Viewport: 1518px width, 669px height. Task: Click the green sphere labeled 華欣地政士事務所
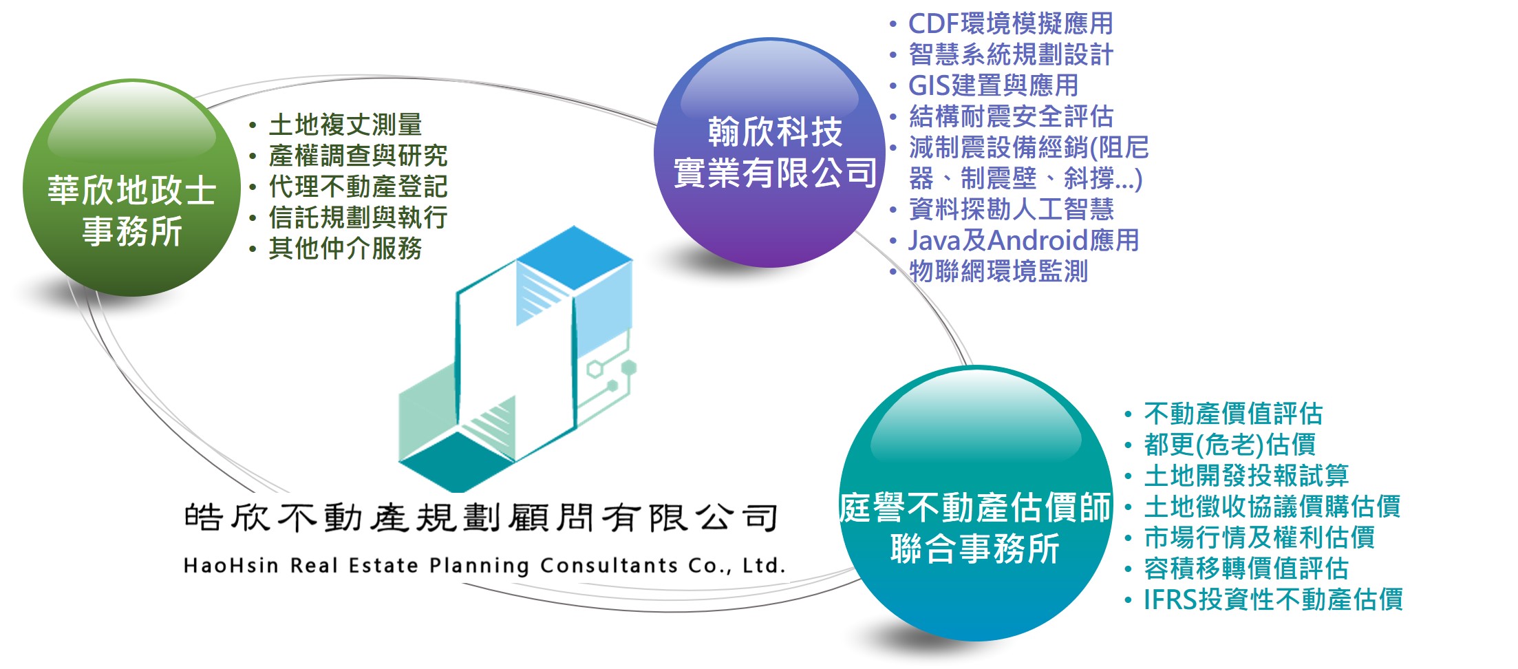[132, 188]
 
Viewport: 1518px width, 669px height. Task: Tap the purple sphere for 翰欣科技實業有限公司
[769, 152]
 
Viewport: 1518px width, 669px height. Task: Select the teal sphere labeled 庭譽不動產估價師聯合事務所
[976, 503]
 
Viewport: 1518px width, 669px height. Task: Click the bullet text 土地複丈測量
[345, 125]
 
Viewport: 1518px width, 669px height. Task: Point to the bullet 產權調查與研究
[358, 156]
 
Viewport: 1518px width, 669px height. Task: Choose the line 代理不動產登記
[358, 187]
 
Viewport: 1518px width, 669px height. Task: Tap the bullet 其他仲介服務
[345, 248]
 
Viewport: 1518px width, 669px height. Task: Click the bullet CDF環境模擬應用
[1011, 24]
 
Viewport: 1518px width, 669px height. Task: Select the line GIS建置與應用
[994, 86]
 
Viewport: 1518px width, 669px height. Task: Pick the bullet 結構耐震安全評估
[1011, 117]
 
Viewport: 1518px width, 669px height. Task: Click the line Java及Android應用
[1024, 241]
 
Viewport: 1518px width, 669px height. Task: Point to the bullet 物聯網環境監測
[998, 272]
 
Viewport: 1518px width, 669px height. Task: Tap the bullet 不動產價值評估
[1233, 414]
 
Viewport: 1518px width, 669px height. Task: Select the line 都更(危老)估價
[1230, 445]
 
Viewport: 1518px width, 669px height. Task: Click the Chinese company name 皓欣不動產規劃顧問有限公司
[481, 518]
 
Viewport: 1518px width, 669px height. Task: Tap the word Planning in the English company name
[480, 566]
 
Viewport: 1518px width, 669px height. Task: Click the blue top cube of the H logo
[574, 258]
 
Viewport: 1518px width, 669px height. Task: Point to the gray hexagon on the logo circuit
[629, 368]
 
